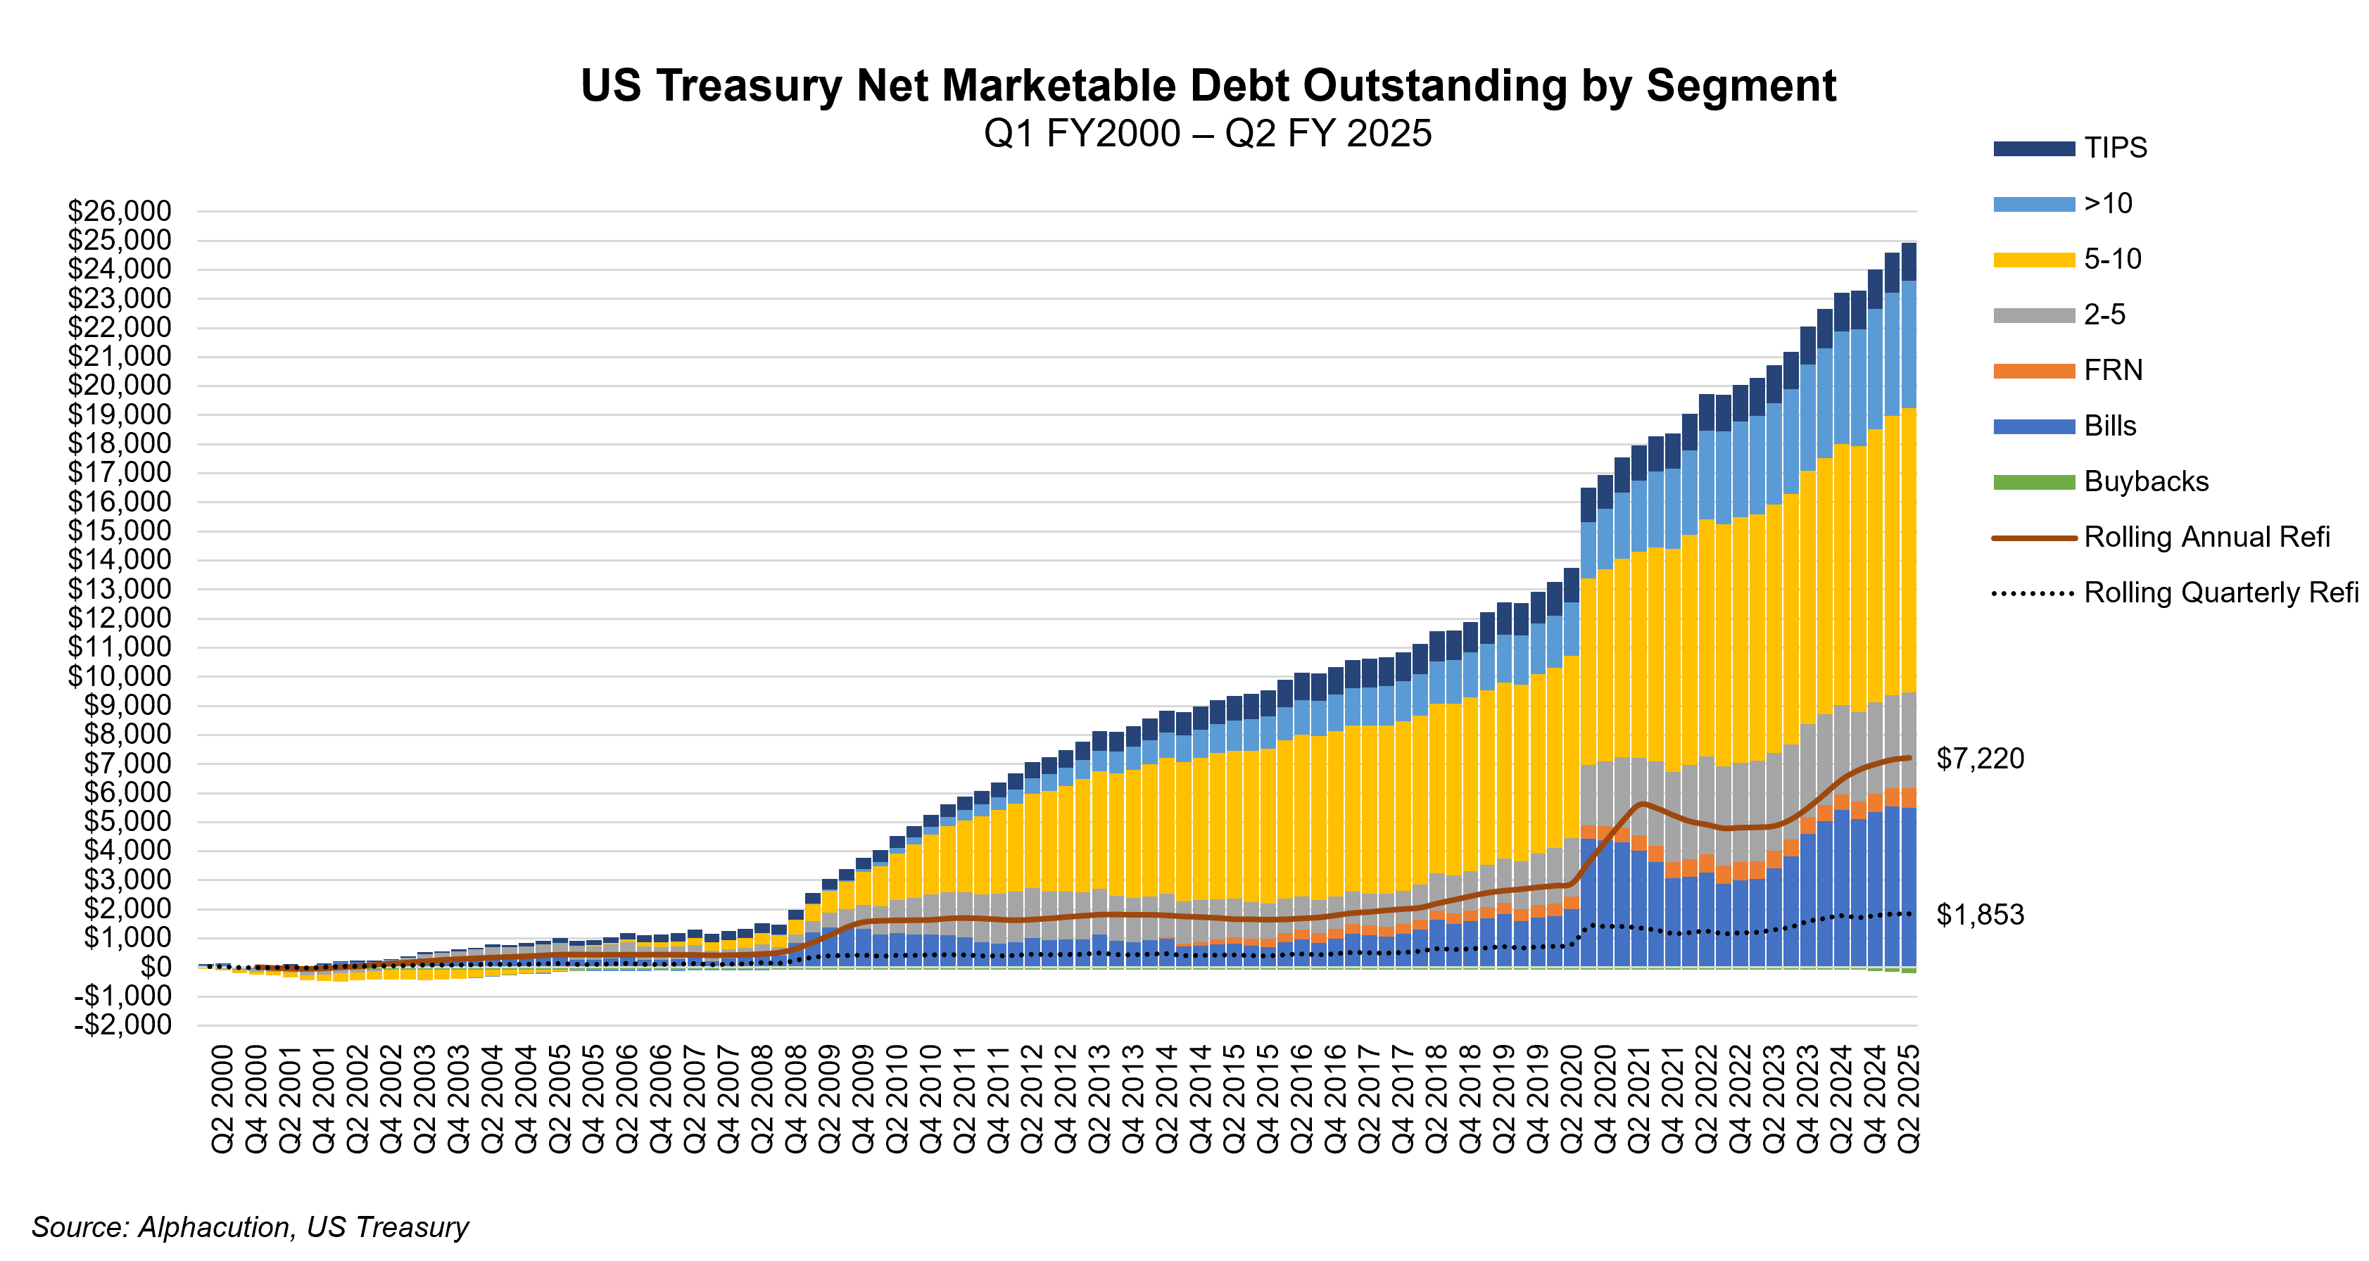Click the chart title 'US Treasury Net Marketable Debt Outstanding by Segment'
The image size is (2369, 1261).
1208,86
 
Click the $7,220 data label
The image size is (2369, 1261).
1980,759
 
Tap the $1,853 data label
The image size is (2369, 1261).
1980,914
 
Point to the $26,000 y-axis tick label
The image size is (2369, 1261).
120,212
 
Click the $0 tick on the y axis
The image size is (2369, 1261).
155,967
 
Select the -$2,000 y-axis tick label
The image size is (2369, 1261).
123,1025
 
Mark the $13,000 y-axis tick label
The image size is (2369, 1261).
120,589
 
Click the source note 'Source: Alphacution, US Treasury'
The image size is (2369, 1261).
250,1226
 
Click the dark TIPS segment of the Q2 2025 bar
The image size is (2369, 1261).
1908,261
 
